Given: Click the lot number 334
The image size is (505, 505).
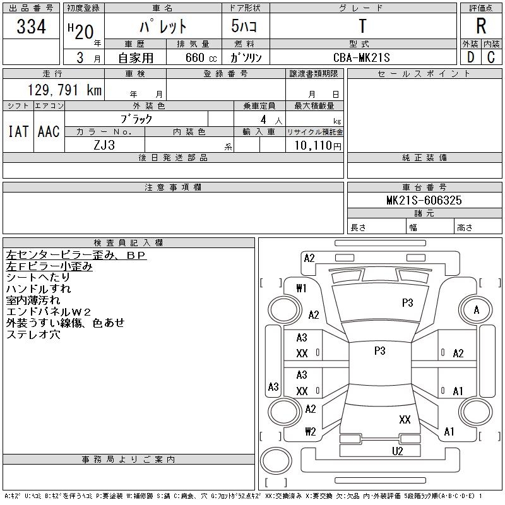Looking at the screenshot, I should pyautogui.click(x=32, y=27).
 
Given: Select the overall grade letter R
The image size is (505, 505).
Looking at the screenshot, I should pyautogui.click(x=481, y=26).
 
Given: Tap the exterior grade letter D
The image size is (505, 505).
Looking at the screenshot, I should pyautogui.click(x=470, y=57).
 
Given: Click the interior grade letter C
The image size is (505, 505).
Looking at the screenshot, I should pyautogui.click(x=491, y=57).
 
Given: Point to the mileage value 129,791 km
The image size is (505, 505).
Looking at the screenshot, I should pyautogui.click(x=64, y=90).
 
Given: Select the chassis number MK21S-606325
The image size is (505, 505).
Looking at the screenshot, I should pyautogui.click(x=424, y=200).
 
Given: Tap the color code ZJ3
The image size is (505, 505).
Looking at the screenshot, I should pyautogui.click(x=105, y=145).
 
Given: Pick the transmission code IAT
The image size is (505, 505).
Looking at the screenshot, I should pyautogui.click(x=18, y=131).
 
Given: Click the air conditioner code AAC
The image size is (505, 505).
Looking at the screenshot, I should pyautogui.click(x=49, y=131).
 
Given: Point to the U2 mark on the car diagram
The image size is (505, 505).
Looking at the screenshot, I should pyautogui.click(x=398, y=451).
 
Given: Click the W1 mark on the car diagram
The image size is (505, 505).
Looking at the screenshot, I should pyautogui.click(x=301, y=288).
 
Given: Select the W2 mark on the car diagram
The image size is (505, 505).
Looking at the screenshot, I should pyautogui.click(x=310, y=432).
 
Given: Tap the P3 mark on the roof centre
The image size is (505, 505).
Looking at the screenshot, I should pyautogui.click(x=379, y=351).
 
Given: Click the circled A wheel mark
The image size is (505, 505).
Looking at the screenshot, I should pyautogui.click(x=477, y=310).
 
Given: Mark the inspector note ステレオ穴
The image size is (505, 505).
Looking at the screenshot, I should pyautogui.click(x=33, y=335).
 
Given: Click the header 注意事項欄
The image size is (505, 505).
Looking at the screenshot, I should pyautogui.click(x=173, y=187).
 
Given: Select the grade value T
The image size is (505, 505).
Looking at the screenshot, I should pyautogui.click(x=362, y=26).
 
